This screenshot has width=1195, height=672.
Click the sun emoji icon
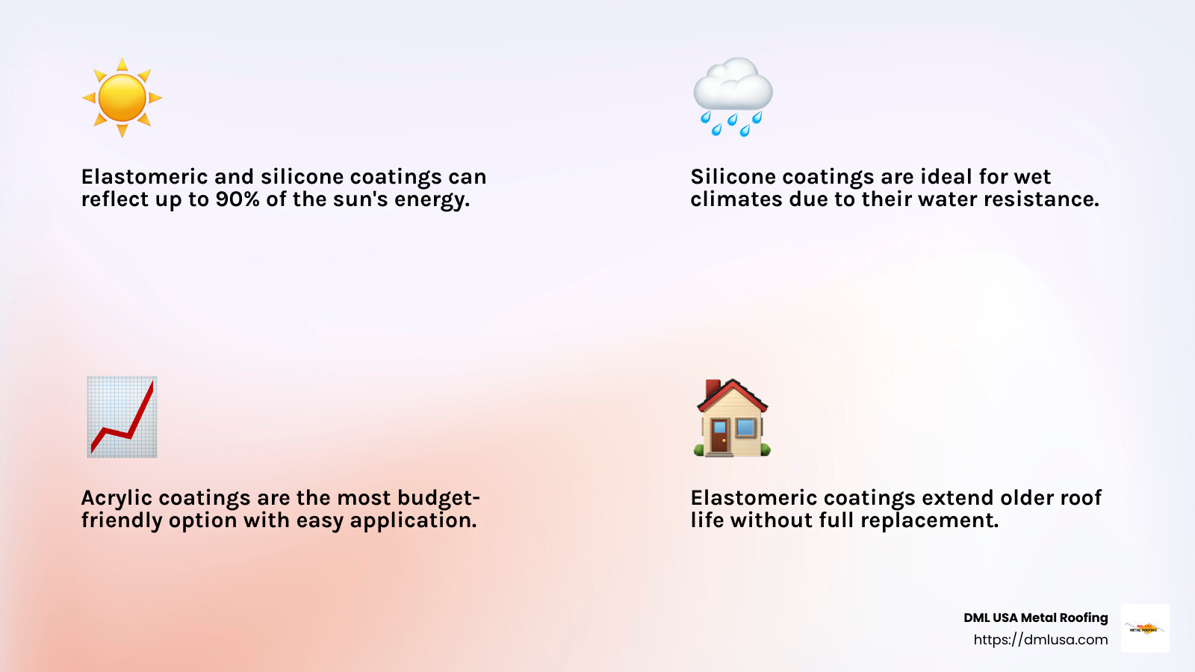[122, 98]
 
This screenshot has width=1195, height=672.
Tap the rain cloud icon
[733, 96]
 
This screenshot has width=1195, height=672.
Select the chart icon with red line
[122, 417]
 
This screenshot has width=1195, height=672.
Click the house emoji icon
[732, 418]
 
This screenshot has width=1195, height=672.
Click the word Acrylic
[117, 498]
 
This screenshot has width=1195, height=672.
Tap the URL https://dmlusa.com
[1040, 640]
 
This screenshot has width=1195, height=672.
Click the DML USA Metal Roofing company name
[1035, 617]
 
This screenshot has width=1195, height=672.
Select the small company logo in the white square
[1145, 628]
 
